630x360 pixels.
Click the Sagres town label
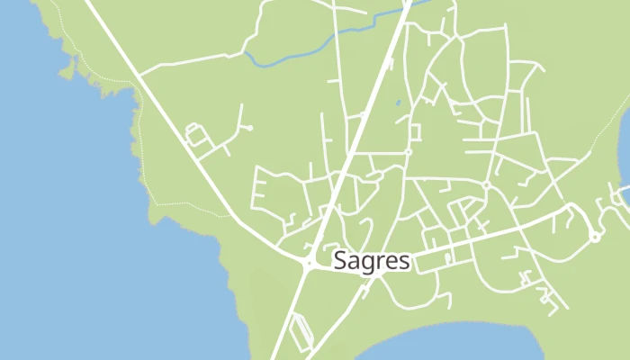[x=372, y=261]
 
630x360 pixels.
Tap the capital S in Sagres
[x=340, y=261]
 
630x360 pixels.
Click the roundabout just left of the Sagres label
[x=308, y=265]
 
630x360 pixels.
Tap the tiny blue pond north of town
[x=398, y=103]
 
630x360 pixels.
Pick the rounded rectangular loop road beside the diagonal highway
[x=195, y=136]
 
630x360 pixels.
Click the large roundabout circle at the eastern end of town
[x=595, y=237]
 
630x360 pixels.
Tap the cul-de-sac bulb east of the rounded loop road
[x=249, y=128]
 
